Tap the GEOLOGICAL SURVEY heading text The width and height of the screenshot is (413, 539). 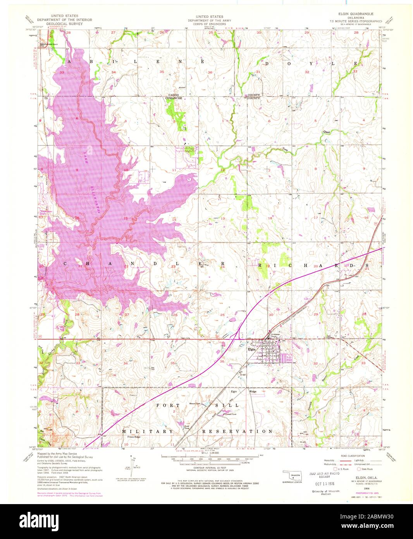point(56,23)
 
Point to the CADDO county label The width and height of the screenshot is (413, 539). point(173,95)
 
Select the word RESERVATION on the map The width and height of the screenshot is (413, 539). point(237,431)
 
